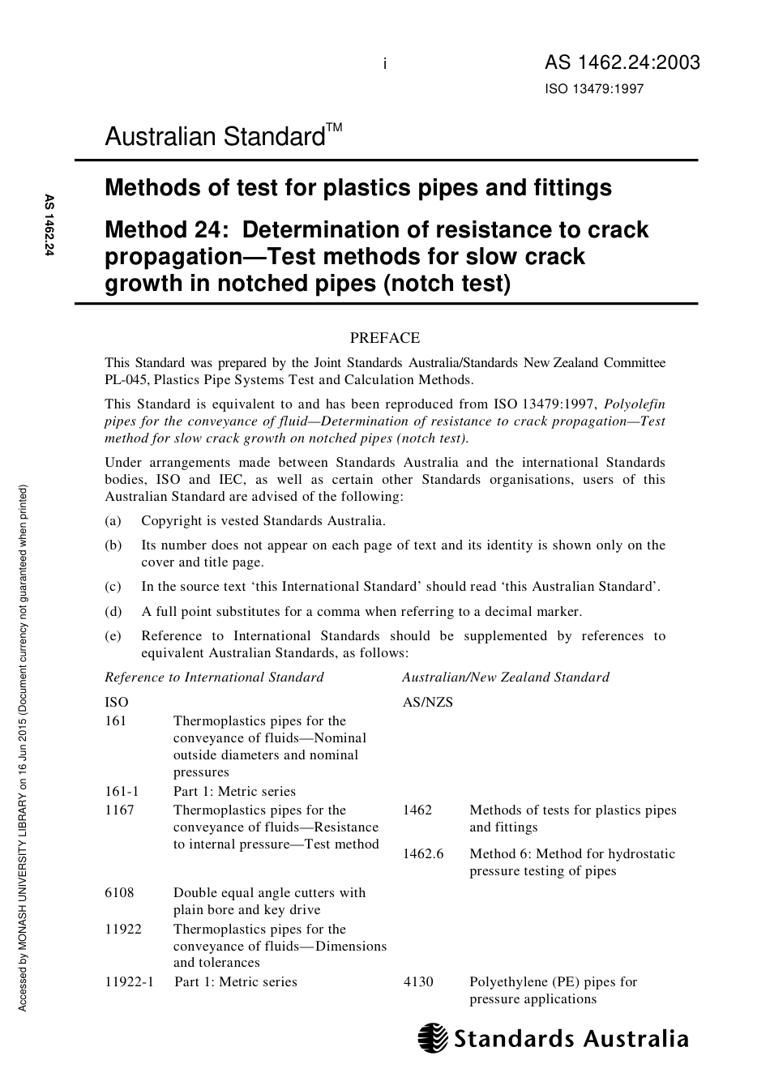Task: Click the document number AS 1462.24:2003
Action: click(x=622, y=63)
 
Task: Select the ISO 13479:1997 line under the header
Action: click(x=593, y=89)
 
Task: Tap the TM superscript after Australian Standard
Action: click(x=334, y=128)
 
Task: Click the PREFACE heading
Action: click(x=384, y=338)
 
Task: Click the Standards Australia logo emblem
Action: click(x=433, y=1038)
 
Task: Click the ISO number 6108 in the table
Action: click(x=119, y=893)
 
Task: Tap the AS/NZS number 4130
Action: click(x=418, y=982)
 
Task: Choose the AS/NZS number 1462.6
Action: click(x=423, y=854)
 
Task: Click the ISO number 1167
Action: click(x=119, y=810)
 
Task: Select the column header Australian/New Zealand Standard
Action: click(x=506, y=678)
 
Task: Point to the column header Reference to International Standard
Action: click(x=214, y=678)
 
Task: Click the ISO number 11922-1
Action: click(x=129, y=982)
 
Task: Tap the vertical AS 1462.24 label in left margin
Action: click(x=49, y=226)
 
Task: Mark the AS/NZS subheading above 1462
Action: click(x=427, y=703)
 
